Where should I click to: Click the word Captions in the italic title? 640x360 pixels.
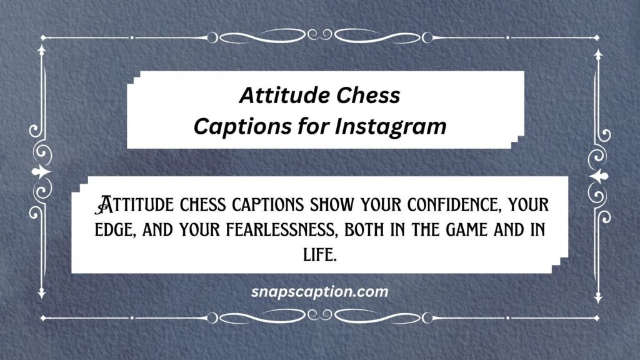242,126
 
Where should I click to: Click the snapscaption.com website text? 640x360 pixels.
319,292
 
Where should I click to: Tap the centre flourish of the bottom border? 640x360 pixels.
320,317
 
